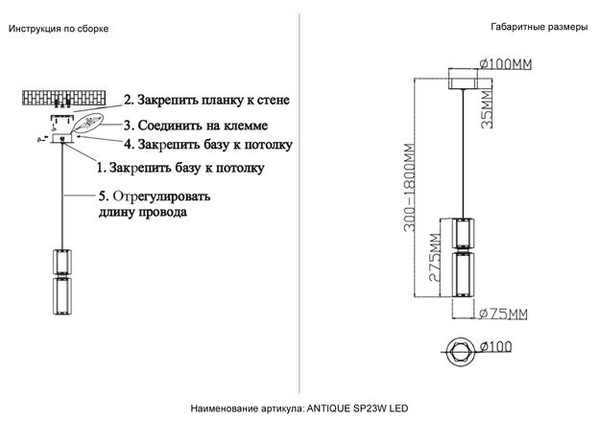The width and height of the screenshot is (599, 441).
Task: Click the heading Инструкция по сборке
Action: pyautogui.click(x=59, y=29)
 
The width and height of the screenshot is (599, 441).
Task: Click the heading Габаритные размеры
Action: pyautogui.click(x=539, y=27)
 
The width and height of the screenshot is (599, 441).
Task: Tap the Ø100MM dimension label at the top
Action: pyautogui.click(x=505, y=63)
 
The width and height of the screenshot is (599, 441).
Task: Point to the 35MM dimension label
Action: pyautogui.click(x=487, y=109)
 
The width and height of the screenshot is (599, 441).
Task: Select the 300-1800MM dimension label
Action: pyautogui.click(x=409, y=187)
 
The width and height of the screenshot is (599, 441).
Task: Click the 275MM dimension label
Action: pyautogui.click(x=435, y=257)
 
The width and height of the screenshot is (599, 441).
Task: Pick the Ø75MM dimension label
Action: pyautogui.click(x=503, y=313)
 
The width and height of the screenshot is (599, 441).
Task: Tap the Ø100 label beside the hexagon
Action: pyautogui.click(x=495, y=346)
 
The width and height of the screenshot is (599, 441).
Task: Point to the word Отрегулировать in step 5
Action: pyautogui.click(x=161, y=197)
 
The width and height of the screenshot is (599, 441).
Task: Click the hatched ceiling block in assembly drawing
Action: pyautogui.click(x=63, y=98)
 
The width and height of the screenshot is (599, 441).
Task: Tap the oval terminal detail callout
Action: pyautogui.click(x=87, y=123)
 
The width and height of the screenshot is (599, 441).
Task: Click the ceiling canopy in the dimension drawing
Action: pyautogui.click(x=464, y=79)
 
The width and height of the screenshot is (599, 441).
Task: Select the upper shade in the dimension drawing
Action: pyautogui.click(x=463, y=234)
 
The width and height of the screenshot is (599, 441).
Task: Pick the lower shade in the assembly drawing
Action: pyautogui.click(x=61, y=296)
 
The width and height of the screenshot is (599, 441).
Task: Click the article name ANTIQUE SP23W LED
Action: pyautogui.click(x=357, y=408)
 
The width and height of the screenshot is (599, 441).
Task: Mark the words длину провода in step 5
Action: pyautogui.click(x=143, y=212)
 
